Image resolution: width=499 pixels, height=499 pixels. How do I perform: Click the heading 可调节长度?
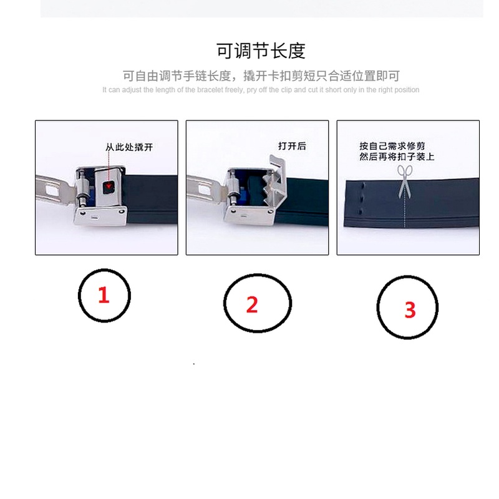coord(261,51)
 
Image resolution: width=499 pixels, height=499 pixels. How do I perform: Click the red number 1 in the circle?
coord(104,295)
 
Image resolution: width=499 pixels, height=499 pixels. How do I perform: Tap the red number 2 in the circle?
coord(252,304)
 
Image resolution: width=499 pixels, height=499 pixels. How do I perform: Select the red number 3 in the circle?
coord(410,309)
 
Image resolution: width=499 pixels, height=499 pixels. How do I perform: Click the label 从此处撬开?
coord(129,147)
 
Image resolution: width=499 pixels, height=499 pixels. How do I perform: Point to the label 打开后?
coord(292,146)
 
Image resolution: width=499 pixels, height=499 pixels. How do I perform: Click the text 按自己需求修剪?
coord(392,146)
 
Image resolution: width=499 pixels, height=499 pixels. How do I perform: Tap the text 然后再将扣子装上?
coord(397,157)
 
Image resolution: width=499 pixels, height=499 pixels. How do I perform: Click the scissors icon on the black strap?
coord(405,181)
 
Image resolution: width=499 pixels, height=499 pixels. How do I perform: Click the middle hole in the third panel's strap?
coord(362,199)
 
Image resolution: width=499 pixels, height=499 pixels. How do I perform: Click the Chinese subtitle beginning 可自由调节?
coord(261,76)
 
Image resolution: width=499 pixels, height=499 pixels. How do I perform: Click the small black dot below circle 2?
coord(194,364)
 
